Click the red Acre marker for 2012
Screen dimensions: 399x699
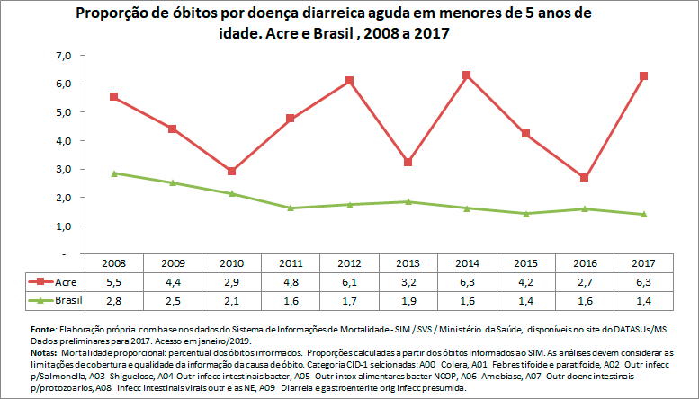coord(349,81)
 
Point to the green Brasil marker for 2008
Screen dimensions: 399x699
coord(113,173)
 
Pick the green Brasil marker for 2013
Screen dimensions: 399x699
coord(408,201)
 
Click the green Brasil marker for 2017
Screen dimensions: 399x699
coord(643,214)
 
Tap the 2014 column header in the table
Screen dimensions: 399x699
coord(467,264)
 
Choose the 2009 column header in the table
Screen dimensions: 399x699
coord(173,264)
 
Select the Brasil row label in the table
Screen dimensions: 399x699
coord(70,297)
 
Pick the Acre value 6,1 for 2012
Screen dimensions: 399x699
coord(349,280)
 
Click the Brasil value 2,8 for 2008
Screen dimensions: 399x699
coord(113,297)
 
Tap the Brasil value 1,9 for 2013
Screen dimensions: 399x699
coord(408,297)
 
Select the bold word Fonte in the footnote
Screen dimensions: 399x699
coord(44,329)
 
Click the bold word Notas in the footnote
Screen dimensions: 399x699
coord(45,352)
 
